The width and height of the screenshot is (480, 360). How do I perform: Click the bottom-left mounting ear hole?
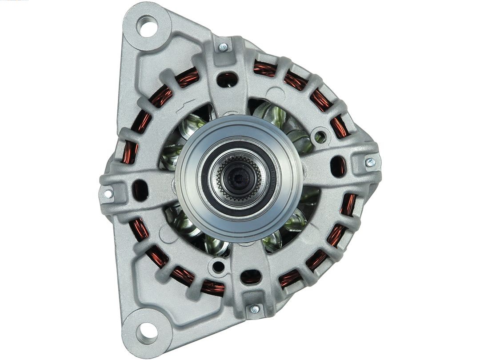tap(146, 330)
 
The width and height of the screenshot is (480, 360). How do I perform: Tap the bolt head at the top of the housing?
tap(223, 47)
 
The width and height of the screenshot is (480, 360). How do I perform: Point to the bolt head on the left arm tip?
tap(108, 194)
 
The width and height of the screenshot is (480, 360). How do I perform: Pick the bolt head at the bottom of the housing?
tap(255, 309)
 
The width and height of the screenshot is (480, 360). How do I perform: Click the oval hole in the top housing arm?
tap(227, 80)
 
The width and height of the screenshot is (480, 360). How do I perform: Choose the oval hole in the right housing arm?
tap(338, 166)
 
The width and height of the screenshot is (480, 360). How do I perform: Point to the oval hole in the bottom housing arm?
tap(251, 277)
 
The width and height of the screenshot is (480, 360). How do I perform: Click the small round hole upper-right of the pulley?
tap(320, 136)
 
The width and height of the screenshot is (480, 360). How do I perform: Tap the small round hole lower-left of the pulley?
tap(218, 267)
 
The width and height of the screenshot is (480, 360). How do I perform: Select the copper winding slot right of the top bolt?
tap(265, 68)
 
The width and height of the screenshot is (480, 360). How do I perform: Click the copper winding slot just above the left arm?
tap(130, 152)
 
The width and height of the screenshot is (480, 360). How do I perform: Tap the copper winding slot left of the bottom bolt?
tap(212, 287)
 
